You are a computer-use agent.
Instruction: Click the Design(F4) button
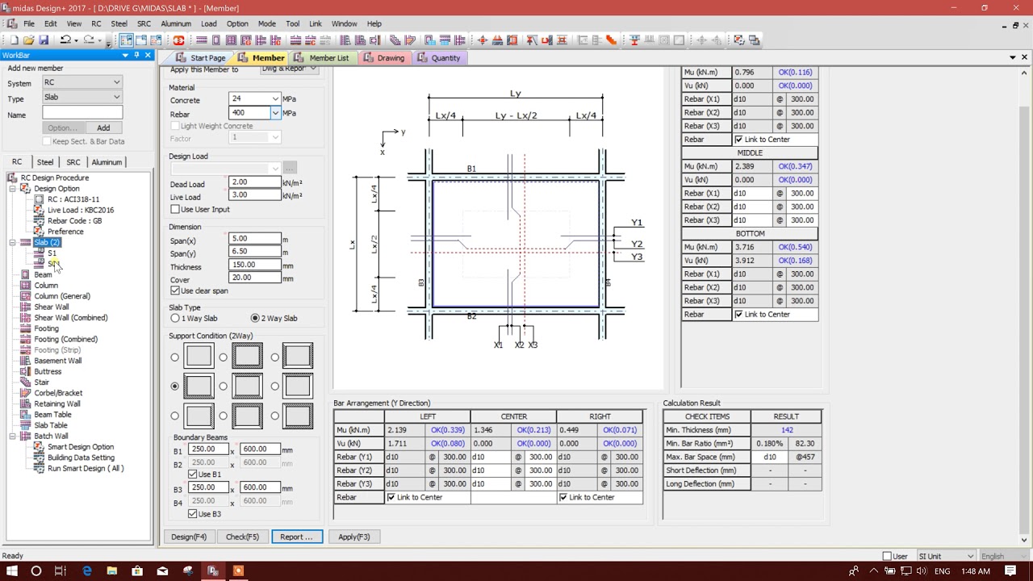coord(189,537)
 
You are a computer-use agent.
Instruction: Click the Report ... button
coord(296,537)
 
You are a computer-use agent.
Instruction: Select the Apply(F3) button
coord(353,537)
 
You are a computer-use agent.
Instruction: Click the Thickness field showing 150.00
coord(255,265)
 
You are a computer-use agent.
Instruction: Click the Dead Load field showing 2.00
coord(255,182)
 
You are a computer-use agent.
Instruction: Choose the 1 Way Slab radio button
coord(175,319)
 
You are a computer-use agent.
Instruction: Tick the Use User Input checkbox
coord(175,210)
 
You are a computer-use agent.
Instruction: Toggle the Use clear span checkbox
coord(175,290)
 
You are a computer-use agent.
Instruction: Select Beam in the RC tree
coord(43,274)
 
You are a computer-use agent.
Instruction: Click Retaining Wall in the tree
coord(56,403)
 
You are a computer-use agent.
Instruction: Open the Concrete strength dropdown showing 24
coord(275,99)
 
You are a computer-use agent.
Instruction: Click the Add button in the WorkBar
coord(103,127)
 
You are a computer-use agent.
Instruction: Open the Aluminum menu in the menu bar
coord(175,24)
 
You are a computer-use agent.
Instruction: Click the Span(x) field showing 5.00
coord(255,239)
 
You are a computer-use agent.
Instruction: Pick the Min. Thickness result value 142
coord(786,430)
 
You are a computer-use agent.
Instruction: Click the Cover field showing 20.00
coord(255,278)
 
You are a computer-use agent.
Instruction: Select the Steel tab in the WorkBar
coord(45,162)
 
